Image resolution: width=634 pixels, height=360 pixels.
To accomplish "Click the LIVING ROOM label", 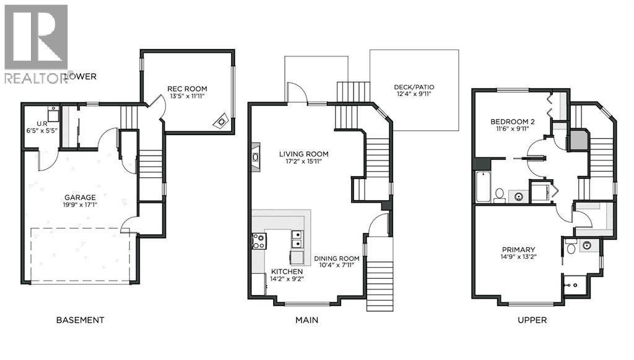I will pyautogui.click(x=303, y=154).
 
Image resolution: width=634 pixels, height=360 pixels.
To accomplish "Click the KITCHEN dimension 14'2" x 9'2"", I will pyautogui.click(x=287, y=279).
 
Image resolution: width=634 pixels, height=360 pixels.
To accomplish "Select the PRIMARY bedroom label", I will pyautogui.click(x=519, y=250).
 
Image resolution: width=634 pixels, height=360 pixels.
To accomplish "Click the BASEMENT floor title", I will pyautogui.click(x=80, y=320).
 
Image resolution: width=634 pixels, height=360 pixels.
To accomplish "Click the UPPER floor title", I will pyautogui.click(x=532, y=320).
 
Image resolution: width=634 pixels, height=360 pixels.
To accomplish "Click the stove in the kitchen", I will pyautogui.click(x=258, y=241).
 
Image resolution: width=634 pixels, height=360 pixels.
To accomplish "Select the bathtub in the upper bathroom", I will pyautogui.click(x=483, y=187).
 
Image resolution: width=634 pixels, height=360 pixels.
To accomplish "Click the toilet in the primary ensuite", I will pyautogui.click(x=571, y=248).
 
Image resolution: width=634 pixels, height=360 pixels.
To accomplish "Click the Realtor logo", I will pyautogui.click(x=36, y=43).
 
